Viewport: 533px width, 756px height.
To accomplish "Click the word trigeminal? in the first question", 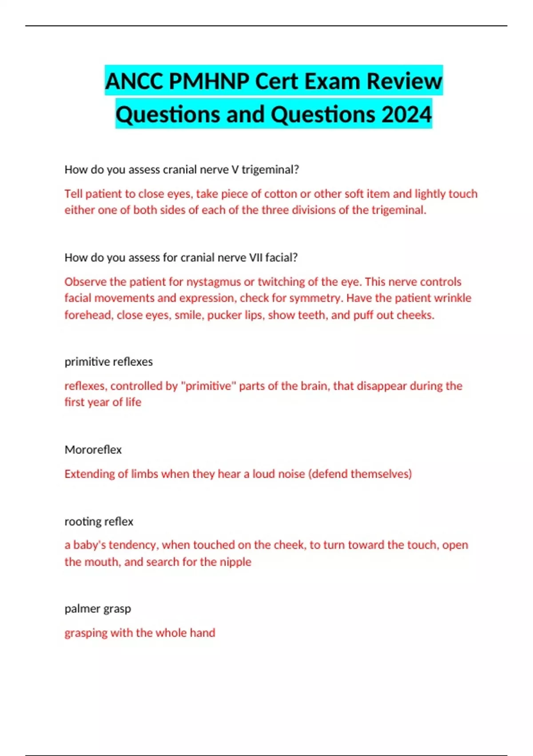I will point(270,169).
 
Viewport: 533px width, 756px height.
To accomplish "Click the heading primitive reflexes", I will point(108,362).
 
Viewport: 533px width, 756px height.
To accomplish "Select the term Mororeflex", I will point(93,450).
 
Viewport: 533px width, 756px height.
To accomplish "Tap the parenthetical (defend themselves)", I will point(360,474).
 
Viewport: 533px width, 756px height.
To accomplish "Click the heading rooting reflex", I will point(99,521).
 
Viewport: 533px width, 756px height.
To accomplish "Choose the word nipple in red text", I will point(236,562).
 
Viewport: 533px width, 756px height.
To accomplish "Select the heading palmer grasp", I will point(98,608).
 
